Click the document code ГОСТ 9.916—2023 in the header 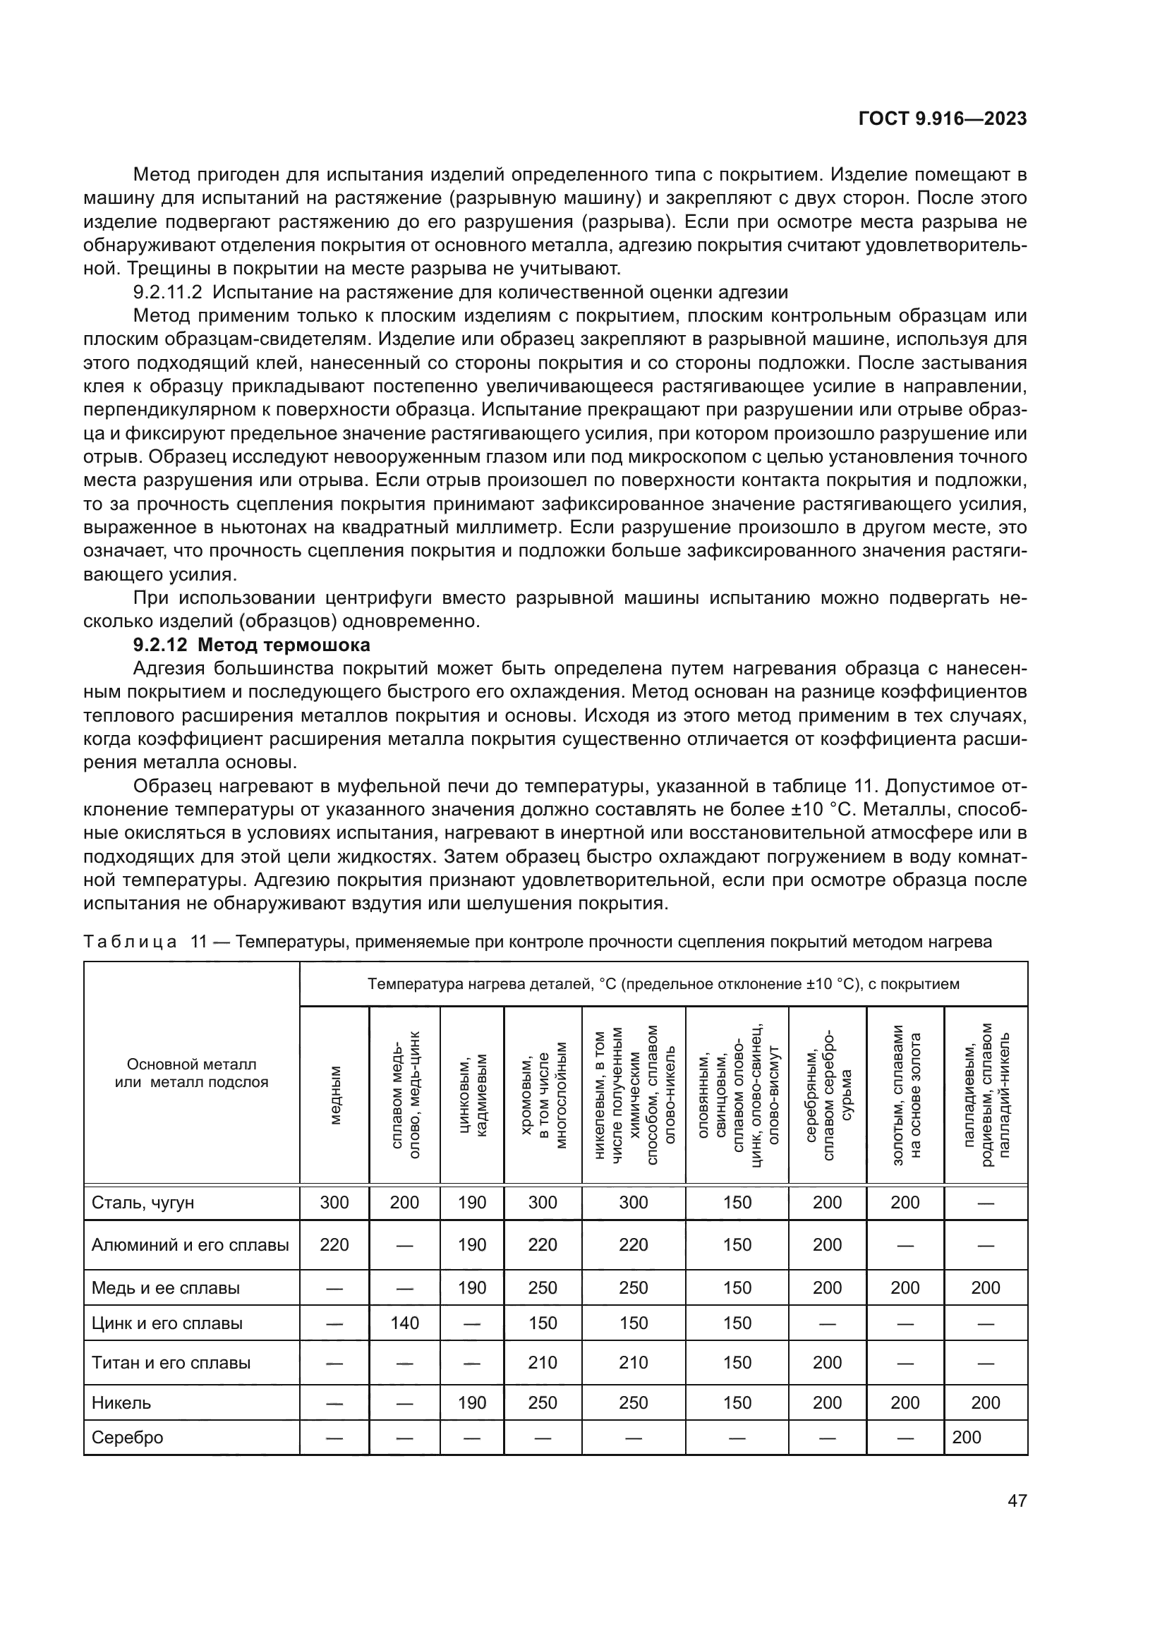942,119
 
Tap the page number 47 1017,1500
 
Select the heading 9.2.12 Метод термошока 251,645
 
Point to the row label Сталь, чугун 143,1202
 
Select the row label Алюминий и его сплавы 190,1244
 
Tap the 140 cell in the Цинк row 404,1323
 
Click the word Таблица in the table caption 130,942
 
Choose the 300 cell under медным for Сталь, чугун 334,1202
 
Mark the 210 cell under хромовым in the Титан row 542,1363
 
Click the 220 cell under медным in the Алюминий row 334,1244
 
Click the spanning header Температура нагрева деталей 663,984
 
